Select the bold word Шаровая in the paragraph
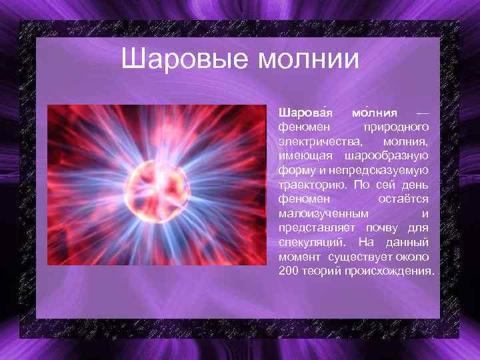pos(303,111)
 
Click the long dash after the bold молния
pos(422,111)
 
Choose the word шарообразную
pos(387,156)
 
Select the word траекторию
pos(311,185)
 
